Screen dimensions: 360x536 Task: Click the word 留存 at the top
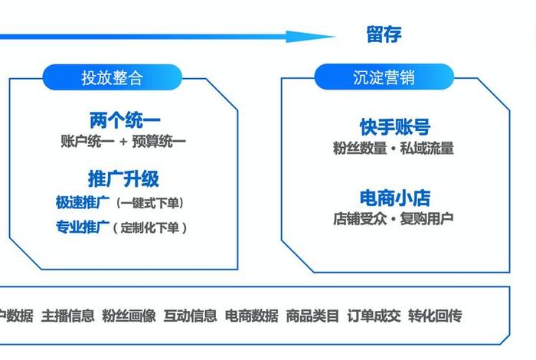click(x=384, y=34)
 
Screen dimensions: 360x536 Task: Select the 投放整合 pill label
click(x=113, y=77)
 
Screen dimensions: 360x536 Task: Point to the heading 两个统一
click(x=125, y=120)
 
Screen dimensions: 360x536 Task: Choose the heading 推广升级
click(x=124, y=179)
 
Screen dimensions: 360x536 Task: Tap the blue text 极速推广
click(x=82, y=203)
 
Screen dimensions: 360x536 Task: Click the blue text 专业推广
click(x=82, y=227)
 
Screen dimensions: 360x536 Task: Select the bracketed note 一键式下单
click(x=150, y=203)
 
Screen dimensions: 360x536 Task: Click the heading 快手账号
click(x=394, y=127)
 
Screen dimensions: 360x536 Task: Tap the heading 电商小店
click(x=394, y=198)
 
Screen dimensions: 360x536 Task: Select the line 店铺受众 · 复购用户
click(x=394, y=218)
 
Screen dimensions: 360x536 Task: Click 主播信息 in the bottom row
click(x=67, y=316)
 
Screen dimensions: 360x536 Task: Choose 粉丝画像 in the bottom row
click(x=129, y=316)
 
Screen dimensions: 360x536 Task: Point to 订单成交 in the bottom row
click(x=374, y=316)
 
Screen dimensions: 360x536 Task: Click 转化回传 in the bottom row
click(x=435, y=316)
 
